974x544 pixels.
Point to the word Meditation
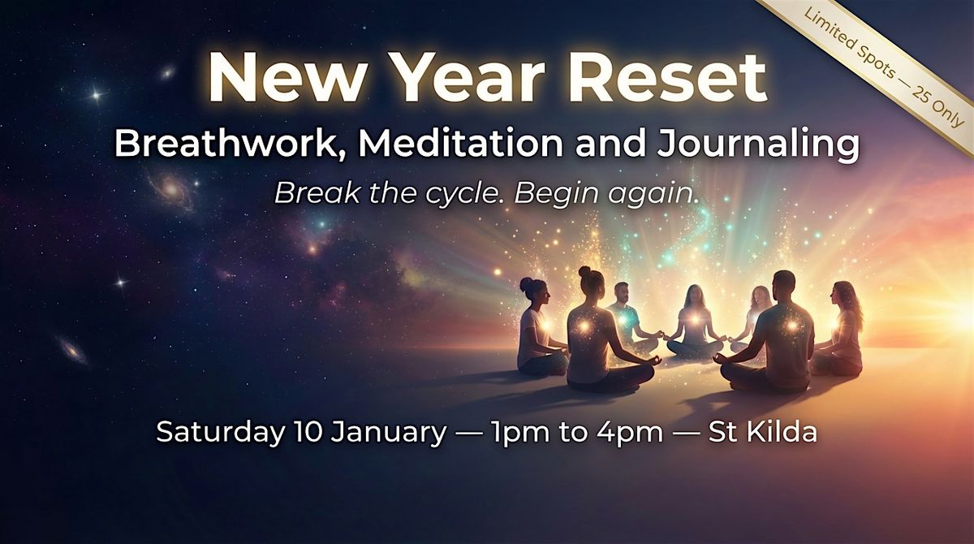[460, 144]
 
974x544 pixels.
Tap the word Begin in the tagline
[557, 194]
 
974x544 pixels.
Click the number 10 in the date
[308, 432]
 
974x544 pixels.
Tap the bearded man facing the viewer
[625, 317]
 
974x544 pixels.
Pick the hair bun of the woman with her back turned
[585, 272]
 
